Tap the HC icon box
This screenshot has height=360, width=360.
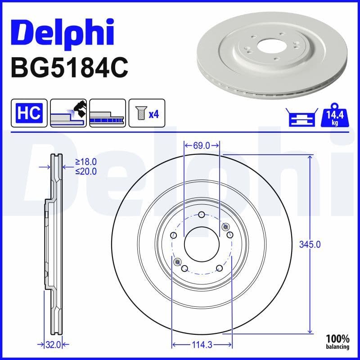click(29, 113)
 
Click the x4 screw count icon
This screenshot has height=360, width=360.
click(147, 113)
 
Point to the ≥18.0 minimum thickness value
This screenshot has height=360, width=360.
click(86, 162)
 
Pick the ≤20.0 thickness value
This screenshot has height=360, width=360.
click(86, 171)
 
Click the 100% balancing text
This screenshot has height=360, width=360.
click(338, 342)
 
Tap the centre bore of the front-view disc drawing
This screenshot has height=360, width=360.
click(202, 243)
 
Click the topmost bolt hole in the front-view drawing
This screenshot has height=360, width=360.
click(202, 214)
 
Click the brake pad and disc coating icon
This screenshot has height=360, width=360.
click(68, 113)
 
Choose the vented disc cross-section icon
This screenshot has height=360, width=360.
click(108, 113)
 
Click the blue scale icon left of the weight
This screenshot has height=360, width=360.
click(299, 117)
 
